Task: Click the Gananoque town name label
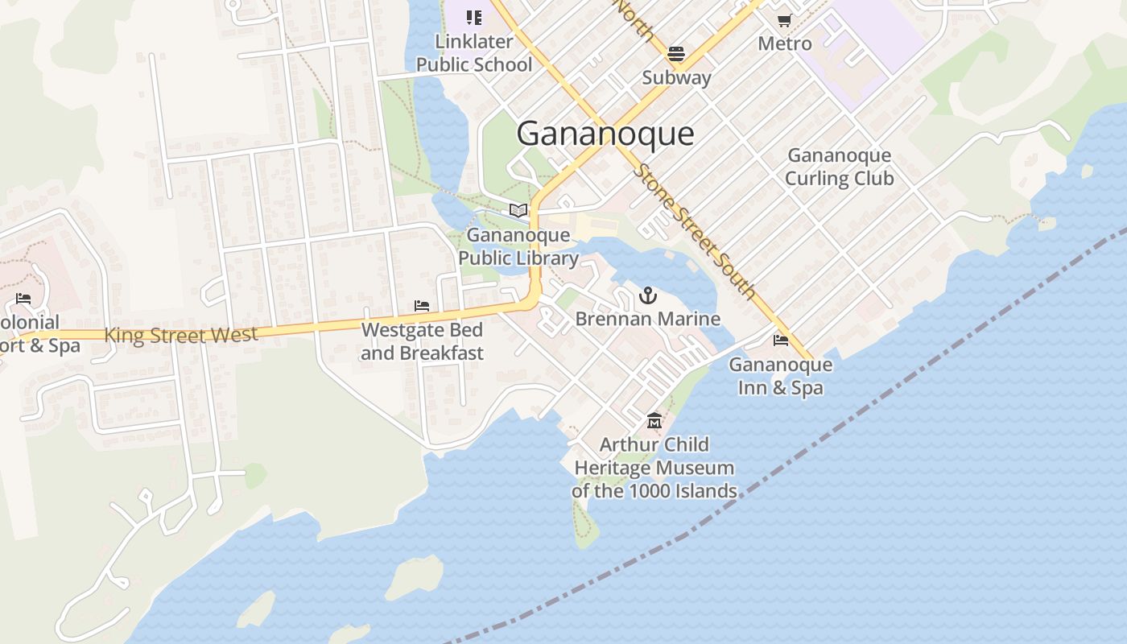coord(605,133)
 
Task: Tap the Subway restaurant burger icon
coord(675,54)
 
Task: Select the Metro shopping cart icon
coord(784,20)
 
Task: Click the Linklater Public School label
coord(474,53)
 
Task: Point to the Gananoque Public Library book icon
coord(518,211)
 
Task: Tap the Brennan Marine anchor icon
coord(648,295)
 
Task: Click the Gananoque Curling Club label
coord(839,167)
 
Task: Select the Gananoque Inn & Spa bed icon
coord(780,341)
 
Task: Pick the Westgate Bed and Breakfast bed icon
coord(422,306)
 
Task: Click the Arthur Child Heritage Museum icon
coord(654,421)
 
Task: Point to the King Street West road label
coord(181,334)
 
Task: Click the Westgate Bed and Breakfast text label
coord(422,341)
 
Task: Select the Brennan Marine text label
coord(648,319)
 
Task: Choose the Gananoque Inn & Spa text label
coord(780,376)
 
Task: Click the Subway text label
coord(676,78)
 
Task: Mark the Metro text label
coord(785,43)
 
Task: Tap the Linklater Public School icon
coord(474,17)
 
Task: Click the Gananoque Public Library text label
coord(518,246)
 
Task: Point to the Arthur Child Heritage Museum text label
coord(654,468)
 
